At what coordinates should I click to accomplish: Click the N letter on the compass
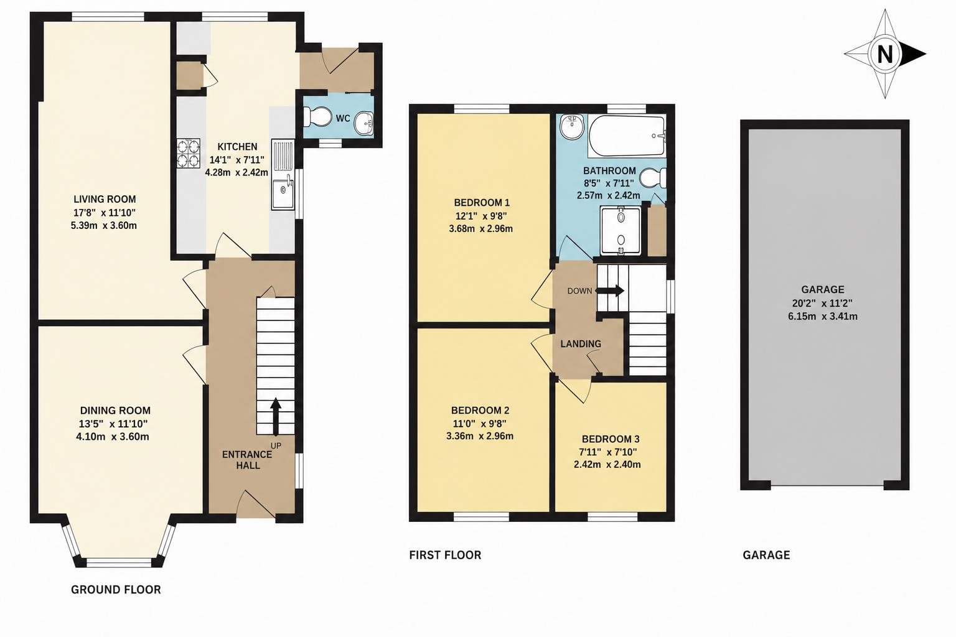(x=884, y=54)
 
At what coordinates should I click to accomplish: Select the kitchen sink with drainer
(x=283, y=175)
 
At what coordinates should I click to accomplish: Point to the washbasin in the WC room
(x=364, y=123)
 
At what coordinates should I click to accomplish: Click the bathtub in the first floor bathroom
(x=626, y=136)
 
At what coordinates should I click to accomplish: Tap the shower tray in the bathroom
(x=621, y=230)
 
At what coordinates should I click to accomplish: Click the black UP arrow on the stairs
(x=276, y=417)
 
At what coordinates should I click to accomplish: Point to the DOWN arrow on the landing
(x=609, y=291)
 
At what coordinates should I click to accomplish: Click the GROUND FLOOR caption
(x=116, y=590)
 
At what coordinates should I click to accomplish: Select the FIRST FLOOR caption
(x=445, y=555)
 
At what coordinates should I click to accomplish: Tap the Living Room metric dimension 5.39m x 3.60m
(x=104, y=225)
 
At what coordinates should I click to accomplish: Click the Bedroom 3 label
(x=611, y=439)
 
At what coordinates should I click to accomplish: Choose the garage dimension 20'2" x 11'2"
(x=822, y=304)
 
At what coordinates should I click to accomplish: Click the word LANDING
(x=581, y=343)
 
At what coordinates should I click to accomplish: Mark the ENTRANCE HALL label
(x=247, y=460)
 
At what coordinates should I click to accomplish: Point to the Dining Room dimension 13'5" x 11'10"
(x=113, y=424)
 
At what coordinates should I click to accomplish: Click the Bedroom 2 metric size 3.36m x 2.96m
(x=480, y=436)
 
